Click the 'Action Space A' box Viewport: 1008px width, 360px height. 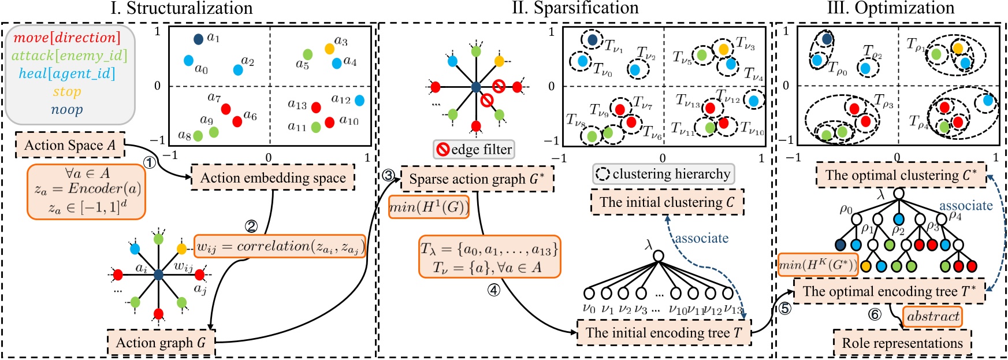coord(70,145)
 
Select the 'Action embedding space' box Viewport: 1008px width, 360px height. coord(273,178)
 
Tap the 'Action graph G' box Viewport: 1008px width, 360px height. coord(161,343)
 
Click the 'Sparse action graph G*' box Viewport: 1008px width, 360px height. coord(477,179)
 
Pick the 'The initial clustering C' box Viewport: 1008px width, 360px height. coord(667,202)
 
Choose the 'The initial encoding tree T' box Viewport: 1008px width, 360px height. coord(664,333)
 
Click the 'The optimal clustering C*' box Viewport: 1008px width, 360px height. coord(901,175)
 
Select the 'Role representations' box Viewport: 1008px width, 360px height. coord(902,343)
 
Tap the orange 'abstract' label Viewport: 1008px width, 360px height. coord(932,317)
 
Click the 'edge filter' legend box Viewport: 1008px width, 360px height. coord(474,150)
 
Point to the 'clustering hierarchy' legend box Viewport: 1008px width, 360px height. coord(663,174)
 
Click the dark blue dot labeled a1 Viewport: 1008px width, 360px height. coord(198,39)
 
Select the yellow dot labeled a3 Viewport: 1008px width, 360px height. coord(329,49)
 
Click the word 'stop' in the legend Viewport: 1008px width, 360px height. coord(67,91)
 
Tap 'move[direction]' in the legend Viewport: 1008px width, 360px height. coord(67,38)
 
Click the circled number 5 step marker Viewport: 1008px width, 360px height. coord(784,309)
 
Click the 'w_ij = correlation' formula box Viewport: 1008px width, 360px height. coord(280,247)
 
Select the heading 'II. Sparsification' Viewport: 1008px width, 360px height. coord(575,8)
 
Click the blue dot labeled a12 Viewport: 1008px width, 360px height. coord(359,101)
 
